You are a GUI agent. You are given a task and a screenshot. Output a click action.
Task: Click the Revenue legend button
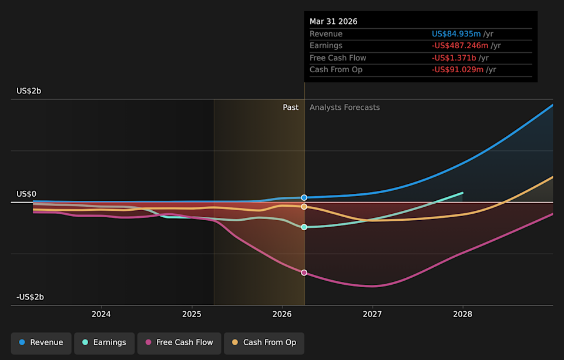[x=41, y=343]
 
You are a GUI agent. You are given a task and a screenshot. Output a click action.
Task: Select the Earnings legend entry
[x=105, y=343]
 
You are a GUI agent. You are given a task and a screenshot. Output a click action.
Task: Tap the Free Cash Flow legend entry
[x=179, y=343]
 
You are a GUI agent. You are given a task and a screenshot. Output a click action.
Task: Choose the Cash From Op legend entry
[x=264, y=343]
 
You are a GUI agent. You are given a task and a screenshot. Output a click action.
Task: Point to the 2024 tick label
[x=101, y=314]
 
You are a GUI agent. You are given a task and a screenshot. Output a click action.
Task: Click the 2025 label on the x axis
[x=192, y=314]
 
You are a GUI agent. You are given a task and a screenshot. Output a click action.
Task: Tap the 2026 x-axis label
[x=282, y=314]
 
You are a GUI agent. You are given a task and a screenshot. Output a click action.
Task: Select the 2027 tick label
[x=372, y=314]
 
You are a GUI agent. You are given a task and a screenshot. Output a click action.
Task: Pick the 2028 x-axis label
[x=462, y=314]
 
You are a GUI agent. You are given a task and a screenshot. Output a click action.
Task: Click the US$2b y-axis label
[x=29, y=91]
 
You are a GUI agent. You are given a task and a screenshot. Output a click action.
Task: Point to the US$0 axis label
[x=26, y=194]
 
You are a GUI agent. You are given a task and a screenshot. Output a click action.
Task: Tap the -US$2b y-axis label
[x=30, y=297]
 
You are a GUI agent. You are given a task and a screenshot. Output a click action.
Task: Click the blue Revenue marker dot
[x=304, y=197]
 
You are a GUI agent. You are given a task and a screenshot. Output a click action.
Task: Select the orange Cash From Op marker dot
[x=304, y=207]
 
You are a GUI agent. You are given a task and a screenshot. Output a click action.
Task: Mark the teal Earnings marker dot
[x=304, y=227]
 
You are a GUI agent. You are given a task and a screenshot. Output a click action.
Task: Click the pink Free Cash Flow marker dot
[x=304, y=272]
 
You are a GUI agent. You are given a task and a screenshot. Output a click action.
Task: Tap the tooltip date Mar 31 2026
[x=334, y=22]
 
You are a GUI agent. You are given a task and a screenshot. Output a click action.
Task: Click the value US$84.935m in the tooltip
[x=456, y=34]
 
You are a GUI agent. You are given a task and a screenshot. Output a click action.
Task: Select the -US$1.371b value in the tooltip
[x=454, y=58]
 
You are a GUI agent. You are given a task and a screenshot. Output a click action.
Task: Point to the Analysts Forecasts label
[x=345, y=107]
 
